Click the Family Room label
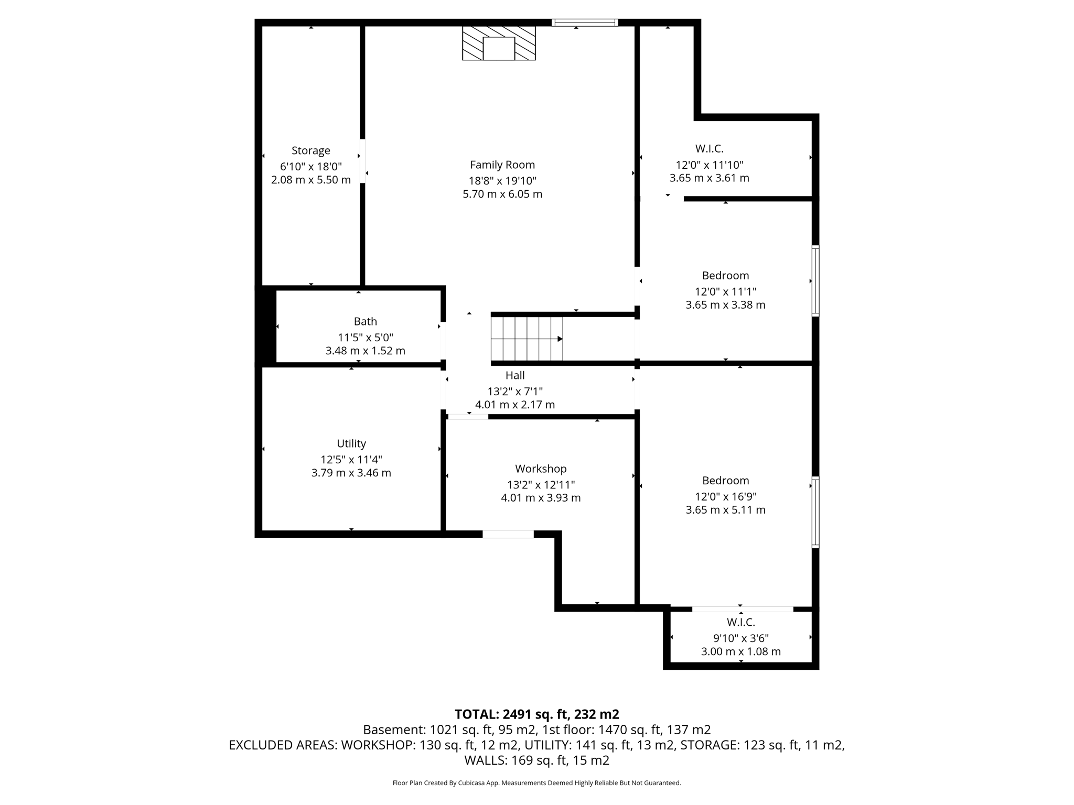[x=502, y=165]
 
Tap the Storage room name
[x=311, y=151]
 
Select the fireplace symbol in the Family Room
[x=499, y=43]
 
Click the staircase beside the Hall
[x=527, y=339]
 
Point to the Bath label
[x=365, y=322]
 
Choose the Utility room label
[x=351, y=444]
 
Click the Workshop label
[x=541, y=469]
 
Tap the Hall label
[x=515, y=376]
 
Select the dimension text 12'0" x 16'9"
[x=725, y=497]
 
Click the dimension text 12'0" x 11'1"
[x=725, y=292]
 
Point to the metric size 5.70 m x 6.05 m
[x=502, y=194]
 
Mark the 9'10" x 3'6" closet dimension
[x=740, y=638]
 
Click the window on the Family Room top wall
[x=585, y=23]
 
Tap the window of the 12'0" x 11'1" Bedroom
[x=815, y=281]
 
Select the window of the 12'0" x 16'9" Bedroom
[x=815, y=512]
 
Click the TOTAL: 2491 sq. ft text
[x=536, y=714]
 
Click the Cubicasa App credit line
[x=536, y=783]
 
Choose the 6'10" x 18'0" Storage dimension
[x=311, y=167]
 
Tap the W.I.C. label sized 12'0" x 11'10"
[x=709, y=149]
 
